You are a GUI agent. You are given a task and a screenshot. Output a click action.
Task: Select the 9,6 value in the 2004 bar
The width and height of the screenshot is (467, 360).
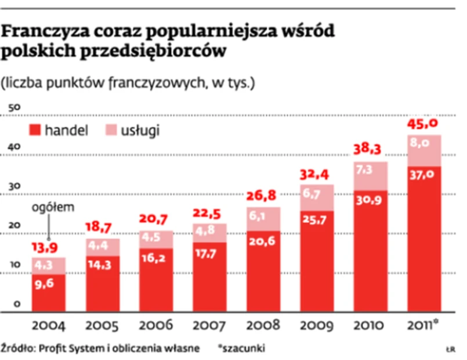pyautogui.click(x=48, y=284)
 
